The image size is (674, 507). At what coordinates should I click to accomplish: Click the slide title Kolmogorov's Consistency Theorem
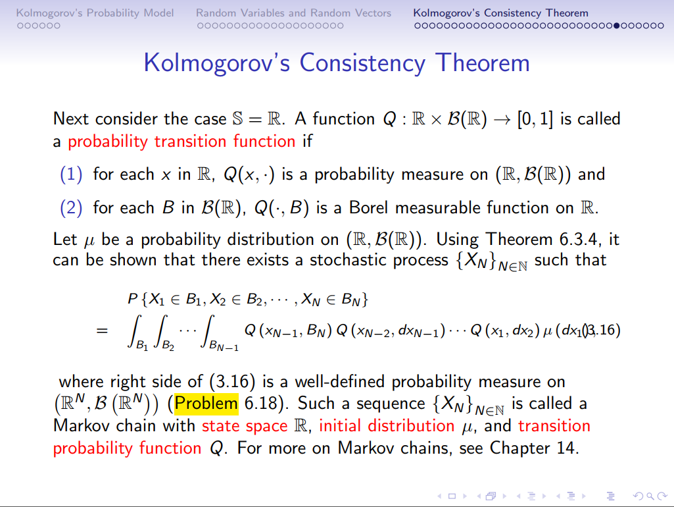point(336,63)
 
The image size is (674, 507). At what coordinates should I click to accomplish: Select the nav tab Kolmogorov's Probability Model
point(95,13)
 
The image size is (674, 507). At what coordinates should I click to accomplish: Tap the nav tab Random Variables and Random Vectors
point(293,13)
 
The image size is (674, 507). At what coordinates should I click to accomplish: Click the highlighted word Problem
point(206,403)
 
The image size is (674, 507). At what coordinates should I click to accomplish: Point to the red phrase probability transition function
point(181,141)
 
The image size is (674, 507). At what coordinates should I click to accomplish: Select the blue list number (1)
point(71,174)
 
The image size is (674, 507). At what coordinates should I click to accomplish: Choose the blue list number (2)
point(71,208)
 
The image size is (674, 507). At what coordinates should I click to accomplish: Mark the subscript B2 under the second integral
point(168,346)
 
